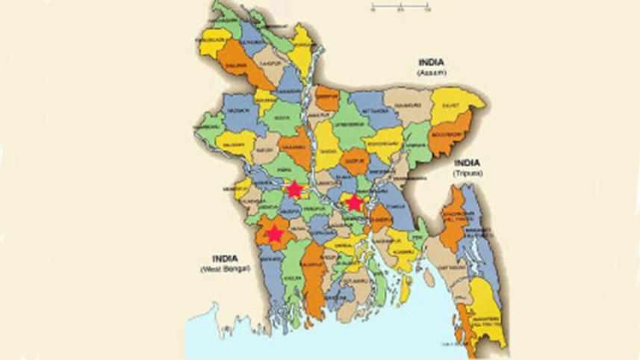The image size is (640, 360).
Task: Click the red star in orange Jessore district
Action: point(275,234)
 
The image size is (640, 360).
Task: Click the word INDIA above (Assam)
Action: point(431,63)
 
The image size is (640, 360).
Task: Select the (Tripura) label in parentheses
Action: point(468,173)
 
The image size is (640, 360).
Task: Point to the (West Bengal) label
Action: point(225,268)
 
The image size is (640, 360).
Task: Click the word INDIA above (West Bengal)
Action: point(225,258)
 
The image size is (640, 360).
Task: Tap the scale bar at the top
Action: point(400,7)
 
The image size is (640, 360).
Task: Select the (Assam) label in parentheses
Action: point(431,73)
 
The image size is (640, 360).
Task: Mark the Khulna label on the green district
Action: point(294,277)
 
